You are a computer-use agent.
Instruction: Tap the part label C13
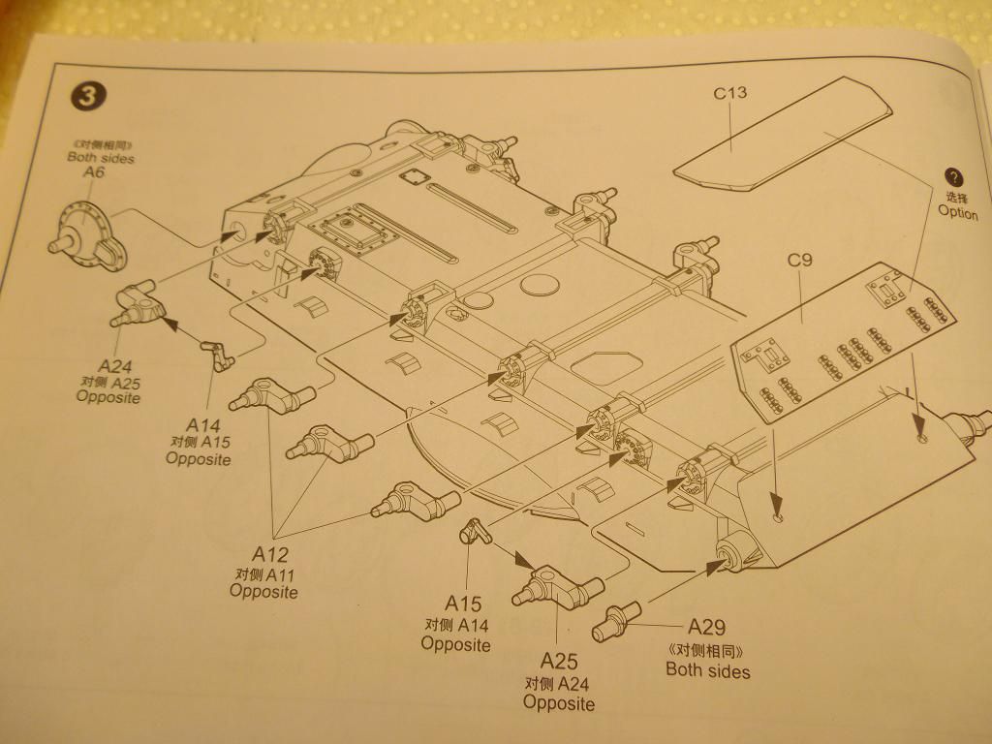click(730, 93)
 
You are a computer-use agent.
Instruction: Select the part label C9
click(799, 260)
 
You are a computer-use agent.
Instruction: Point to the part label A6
click(93, 171)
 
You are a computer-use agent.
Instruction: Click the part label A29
click(706, 627)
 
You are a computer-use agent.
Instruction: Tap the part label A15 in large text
click(463, 603)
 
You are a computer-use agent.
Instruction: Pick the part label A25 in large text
click(559, 662)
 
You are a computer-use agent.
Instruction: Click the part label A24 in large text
click(114, 365)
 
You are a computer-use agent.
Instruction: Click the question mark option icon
click(954, 177)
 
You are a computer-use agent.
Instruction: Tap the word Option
click(957, 212)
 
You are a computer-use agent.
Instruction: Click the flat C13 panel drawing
click(785, 131)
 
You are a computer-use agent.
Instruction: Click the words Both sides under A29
click(707, 669)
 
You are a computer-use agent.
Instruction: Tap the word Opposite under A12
click(263, 591)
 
